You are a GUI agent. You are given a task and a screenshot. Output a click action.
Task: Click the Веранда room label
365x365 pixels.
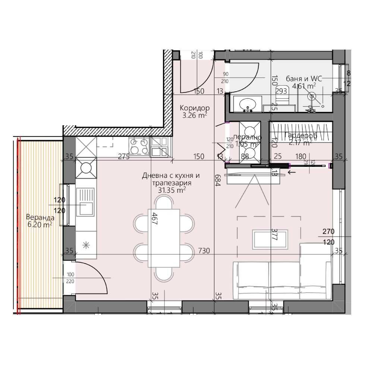[x=40, y=217]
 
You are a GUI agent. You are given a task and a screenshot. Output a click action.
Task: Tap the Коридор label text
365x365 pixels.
[x=195, y=108]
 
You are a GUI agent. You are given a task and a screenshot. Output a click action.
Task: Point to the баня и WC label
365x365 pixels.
[x=303, y=78]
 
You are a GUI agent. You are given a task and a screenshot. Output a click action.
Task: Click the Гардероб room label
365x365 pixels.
[x=301, y=136]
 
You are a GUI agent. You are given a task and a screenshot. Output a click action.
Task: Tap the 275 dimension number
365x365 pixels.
[x=123, y=157]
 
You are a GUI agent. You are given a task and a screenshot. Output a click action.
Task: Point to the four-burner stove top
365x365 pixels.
[x=139, y=146]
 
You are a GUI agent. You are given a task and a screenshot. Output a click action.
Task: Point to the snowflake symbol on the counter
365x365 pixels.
[x=86, y=245]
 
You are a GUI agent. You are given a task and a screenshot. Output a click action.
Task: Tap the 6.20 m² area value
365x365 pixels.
[x=40, y=225]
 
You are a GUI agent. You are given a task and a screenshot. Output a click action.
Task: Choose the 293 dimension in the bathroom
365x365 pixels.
[x=281, y=90]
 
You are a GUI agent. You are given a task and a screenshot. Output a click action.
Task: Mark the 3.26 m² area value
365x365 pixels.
[x=195, y=116]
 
